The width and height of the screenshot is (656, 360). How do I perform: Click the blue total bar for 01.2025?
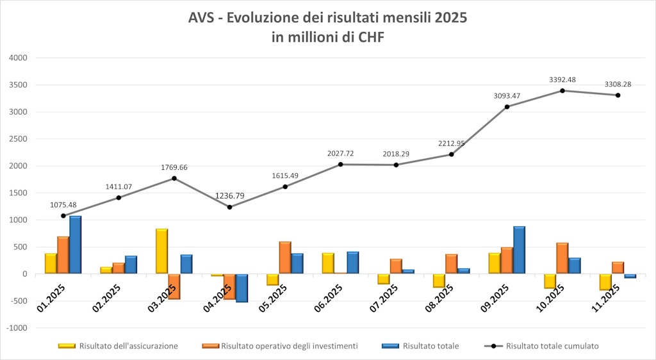pyautogui.click(x=76, y=245)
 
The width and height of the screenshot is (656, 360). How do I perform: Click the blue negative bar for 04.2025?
pyautogui.click(x=242, y=288)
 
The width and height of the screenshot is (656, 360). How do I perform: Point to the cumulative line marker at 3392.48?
pyautogui.click(x=562, y=90)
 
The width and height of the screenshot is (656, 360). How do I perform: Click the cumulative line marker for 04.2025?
pyautogui.click(x=229, y=207)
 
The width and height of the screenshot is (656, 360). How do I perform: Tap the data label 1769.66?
pyautogui.click(x=174, y=167)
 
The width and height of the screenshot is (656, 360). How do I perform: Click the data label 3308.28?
pyautogui.click(x=618, y=84)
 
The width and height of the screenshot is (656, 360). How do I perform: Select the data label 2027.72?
pyautogui.click(x=340, y=153)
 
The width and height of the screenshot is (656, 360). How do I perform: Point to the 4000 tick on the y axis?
pyautogui.click(x=17, y=58)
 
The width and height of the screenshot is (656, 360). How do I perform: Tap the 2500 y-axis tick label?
pyautogui.click(x=17, y=139)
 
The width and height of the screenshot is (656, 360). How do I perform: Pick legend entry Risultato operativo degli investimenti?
pyautogui.click(x=289, y=346)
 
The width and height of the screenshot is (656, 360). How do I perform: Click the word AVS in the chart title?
pyautogui.click(x=203, y=18)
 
